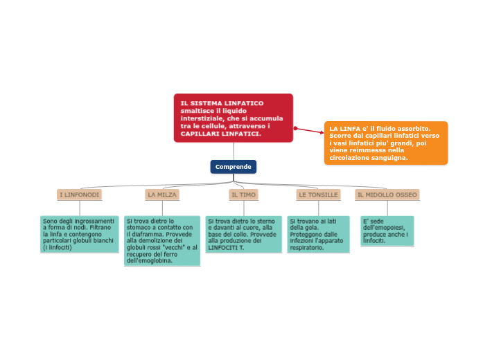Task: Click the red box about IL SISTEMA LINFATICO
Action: click(x=233, y=118)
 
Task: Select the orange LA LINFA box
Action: click(x=385, y=143)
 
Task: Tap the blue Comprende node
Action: click(x=234, y=167)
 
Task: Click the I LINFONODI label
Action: click(x=80, y=195)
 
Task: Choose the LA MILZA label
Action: click(x=162, y=195)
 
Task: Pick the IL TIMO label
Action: click(x=243, y=195)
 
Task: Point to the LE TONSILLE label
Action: click(x=318, y=195)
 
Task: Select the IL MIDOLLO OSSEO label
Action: click(x=387, y=195)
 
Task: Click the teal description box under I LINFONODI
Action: click(x=79, y=233)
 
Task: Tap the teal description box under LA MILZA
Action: click(x=162, y=241)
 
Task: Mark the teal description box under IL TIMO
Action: click(x=243, y=233)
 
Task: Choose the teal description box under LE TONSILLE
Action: click(x=318, y=233)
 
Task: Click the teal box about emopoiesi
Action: click(x=387, y=231)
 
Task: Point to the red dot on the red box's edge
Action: click(x=295, y=128)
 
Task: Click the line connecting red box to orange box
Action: click(x=310, y=130)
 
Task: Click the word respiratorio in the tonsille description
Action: click(x=307, y=247)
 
